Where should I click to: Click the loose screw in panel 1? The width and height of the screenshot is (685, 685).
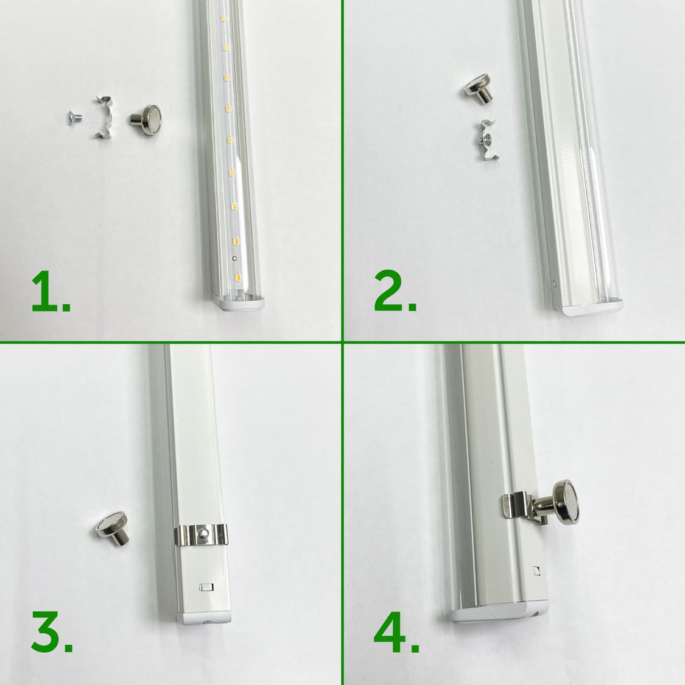(75, 118)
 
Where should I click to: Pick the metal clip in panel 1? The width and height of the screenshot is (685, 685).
(104, 117)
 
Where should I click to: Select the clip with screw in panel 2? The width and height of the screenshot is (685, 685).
(488, 141)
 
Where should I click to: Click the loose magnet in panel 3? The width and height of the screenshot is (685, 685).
(112, 528)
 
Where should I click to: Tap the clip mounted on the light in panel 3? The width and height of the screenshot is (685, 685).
(201, 534)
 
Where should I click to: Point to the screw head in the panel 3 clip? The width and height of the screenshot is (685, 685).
(203, 533)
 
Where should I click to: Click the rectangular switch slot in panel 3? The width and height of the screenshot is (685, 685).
(206, 587)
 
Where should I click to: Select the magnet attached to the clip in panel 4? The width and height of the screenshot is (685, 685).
(557, 503)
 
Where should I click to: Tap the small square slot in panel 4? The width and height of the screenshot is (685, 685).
(536, 571)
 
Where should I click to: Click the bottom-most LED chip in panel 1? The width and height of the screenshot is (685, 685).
(238, 276)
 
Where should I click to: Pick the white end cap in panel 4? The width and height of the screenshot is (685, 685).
(498, 612)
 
